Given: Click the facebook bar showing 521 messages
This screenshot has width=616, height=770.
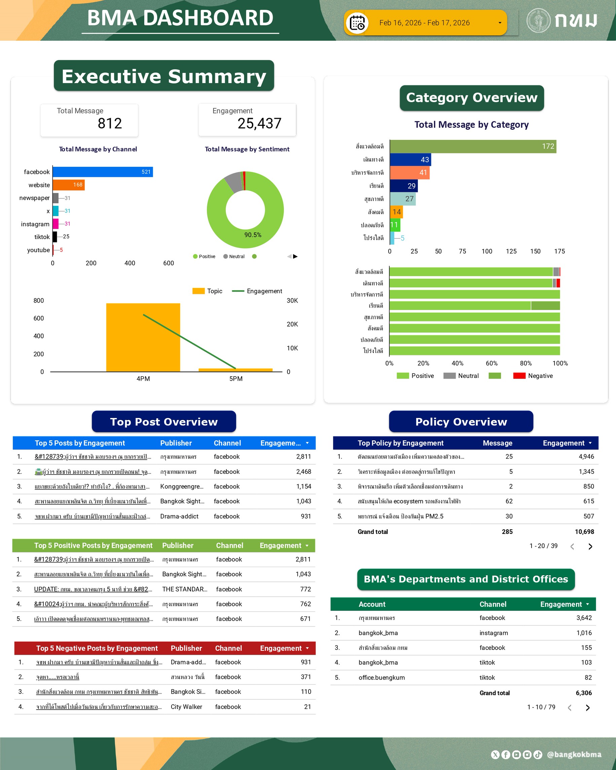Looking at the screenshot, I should pos(103,172).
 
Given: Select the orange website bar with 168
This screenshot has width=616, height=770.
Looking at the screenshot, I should pos(68,185).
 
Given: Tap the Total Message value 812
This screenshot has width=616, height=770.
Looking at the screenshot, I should pos(110,124).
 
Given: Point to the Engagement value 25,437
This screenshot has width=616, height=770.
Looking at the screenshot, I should pos(259,124).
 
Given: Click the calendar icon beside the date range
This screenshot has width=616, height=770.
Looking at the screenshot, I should pos(357,23).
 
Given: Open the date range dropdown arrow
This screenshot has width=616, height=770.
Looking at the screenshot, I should pos(500,23).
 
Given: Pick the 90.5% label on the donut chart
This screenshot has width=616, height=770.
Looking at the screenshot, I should pos(253,235).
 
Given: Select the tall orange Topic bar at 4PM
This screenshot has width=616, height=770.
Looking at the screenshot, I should pos(143,337).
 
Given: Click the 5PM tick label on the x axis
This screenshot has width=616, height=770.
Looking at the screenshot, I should pos(236,379).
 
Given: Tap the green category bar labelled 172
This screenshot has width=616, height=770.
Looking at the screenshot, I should pos(473,146).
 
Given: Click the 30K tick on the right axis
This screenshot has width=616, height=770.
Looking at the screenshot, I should pos(292,300).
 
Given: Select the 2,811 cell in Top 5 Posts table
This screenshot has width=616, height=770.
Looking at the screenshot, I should pos(303,456).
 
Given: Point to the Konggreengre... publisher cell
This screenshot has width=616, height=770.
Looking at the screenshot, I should pos(182,487).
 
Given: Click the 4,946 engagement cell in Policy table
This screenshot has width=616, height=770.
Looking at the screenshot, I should pos(586,456).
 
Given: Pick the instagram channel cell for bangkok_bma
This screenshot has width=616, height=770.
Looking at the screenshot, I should pos(494,633).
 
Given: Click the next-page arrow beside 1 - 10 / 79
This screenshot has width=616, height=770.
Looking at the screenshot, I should pos(587,707).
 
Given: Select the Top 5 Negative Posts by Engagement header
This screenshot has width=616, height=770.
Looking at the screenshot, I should pos(97,648).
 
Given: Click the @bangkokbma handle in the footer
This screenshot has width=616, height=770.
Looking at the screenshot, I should pos(574,754).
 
